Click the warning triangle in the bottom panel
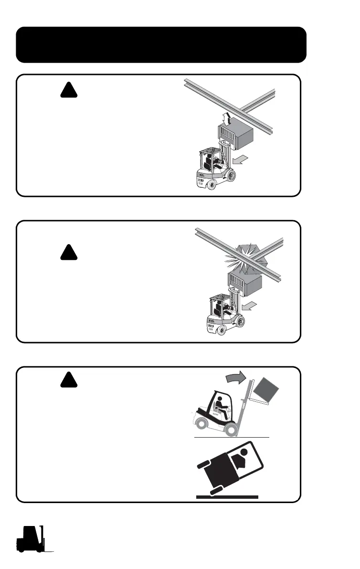[69, 380]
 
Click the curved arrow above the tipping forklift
[235, 378]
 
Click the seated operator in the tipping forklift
[221, 406]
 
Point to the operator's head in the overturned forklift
[244, 452]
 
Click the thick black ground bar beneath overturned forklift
[227, 497]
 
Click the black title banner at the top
[161, 44]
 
